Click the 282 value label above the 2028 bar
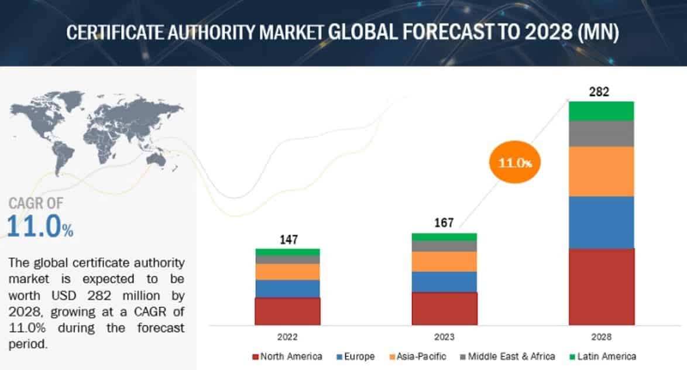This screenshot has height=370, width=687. point(602,92)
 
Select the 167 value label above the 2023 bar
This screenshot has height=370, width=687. point(444,223)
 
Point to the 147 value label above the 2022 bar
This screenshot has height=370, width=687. point(287,239)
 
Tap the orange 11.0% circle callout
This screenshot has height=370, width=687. point(515,163)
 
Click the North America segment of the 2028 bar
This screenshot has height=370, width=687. point(602,286)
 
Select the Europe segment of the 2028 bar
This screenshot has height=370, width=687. point(602,222)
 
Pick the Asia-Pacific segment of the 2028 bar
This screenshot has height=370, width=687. point(602,171)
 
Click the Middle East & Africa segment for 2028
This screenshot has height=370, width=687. point(602,133)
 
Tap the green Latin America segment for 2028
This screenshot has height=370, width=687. point(602,111)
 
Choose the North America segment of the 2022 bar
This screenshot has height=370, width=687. point(287,311)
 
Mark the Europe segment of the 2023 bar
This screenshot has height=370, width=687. point(444,282)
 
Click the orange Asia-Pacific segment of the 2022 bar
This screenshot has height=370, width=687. point(287,272)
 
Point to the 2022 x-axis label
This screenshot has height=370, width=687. point(287,337)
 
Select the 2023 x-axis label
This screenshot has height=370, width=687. point(444,337)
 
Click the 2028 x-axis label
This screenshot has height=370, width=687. point(602,337)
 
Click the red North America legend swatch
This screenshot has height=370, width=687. point(255,357)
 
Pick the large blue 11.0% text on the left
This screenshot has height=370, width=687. point(40,227)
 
